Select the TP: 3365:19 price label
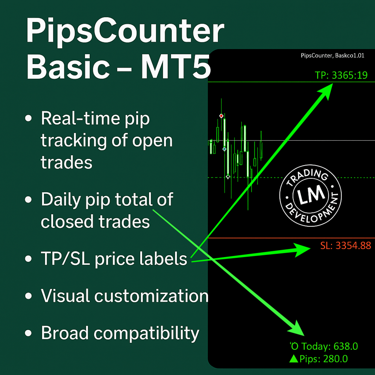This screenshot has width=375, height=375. point(341,75)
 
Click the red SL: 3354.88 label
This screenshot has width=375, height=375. point(346,246)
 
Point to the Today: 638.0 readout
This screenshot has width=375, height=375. point(329,346)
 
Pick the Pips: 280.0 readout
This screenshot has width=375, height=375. point(323,359)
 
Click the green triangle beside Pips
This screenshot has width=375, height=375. point(294,359)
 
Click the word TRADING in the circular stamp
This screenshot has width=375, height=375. point(308,177)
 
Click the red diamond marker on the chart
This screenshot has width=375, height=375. point(221,116)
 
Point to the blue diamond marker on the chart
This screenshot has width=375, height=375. point(224,149)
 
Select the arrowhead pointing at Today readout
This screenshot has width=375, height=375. point(297,329)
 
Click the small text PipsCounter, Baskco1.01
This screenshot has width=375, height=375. point(333,56)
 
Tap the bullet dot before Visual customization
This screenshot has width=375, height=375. point(29,296)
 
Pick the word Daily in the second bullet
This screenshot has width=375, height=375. point(61,200)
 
